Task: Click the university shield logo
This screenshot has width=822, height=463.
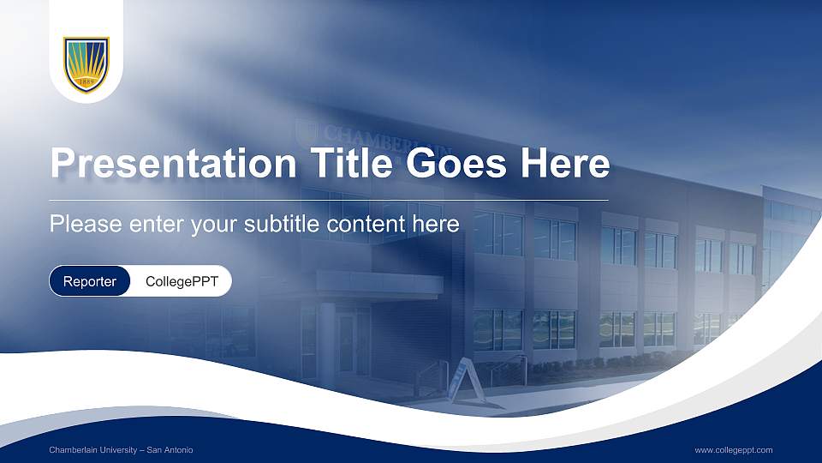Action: click(x=86, y=64)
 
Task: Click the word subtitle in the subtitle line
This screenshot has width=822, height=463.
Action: click(x=286, y=225)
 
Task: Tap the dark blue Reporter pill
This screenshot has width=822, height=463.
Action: click(x=90, y=281)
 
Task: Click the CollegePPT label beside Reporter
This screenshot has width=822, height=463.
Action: click(x=182, y=281)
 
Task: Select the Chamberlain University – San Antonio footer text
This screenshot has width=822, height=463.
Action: click(x=121, y=450)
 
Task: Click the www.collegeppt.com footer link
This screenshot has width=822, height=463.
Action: click(x=734, y=450)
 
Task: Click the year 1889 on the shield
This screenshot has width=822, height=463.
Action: click(x=86, y=83)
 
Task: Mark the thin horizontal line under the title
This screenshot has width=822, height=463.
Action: click(x=329, y=200)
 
